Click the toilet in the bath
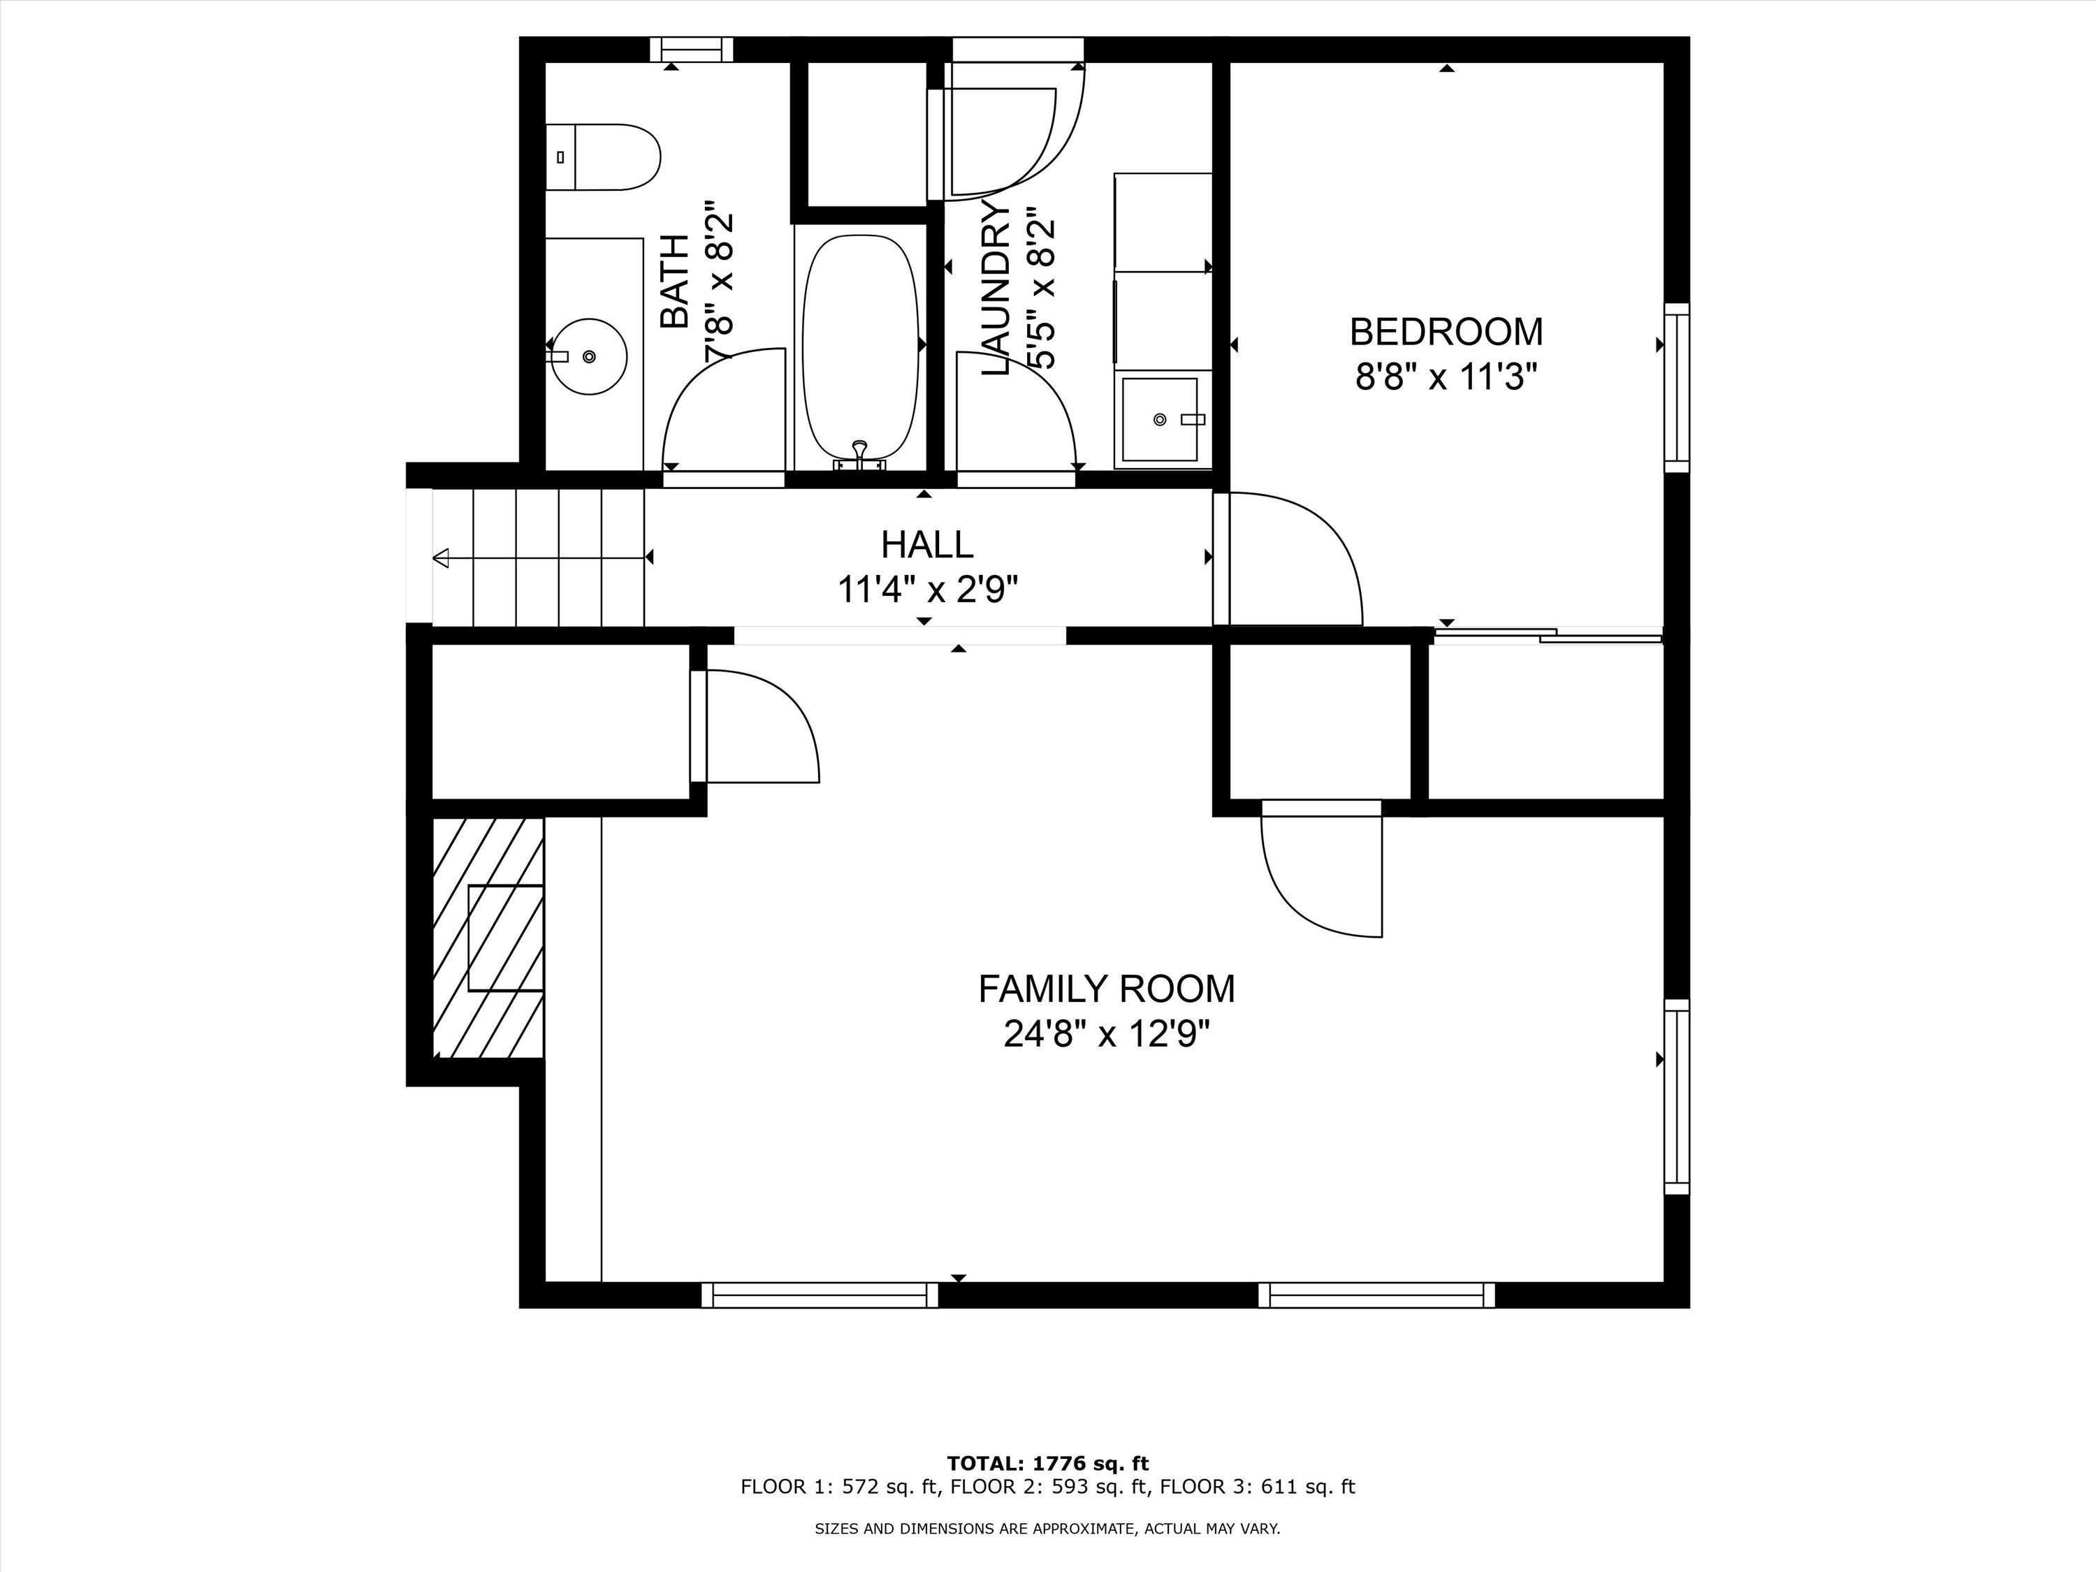(x=603, y=157)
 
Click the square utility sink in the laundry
(x=1160, y=419)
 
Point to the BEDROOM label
(x=1446, y=332)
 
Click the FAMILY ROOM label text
(x=1107, y=989)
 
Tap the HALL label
(x=926, y=545)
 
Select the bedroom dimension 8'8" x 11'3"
(x=1446, y=378)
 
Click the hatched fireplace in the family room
(x=488, y=937)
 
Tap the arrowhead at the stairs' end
(x=441, y=559)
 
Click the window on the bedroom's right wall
(x=1676, y=388)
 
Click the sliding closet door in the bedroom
(x=1549, y=636)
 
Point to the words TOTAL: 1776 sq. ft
(x=1048, y=1464)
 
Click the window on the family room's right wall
(x=1676, y=1096)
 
